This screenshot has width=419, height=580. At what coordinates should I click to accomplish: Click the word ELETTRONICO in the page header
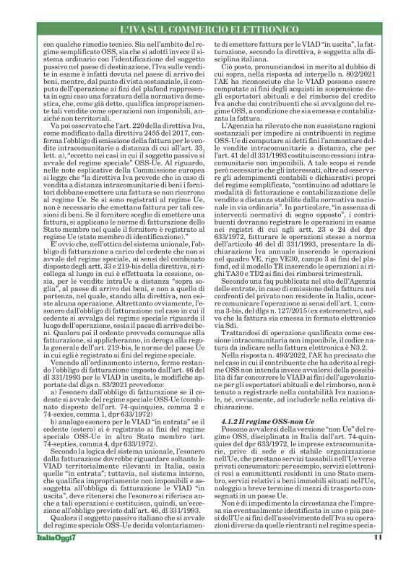pos(265,29)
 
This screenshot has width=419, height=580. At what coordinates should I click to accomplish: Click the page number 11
pos(377,558)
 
